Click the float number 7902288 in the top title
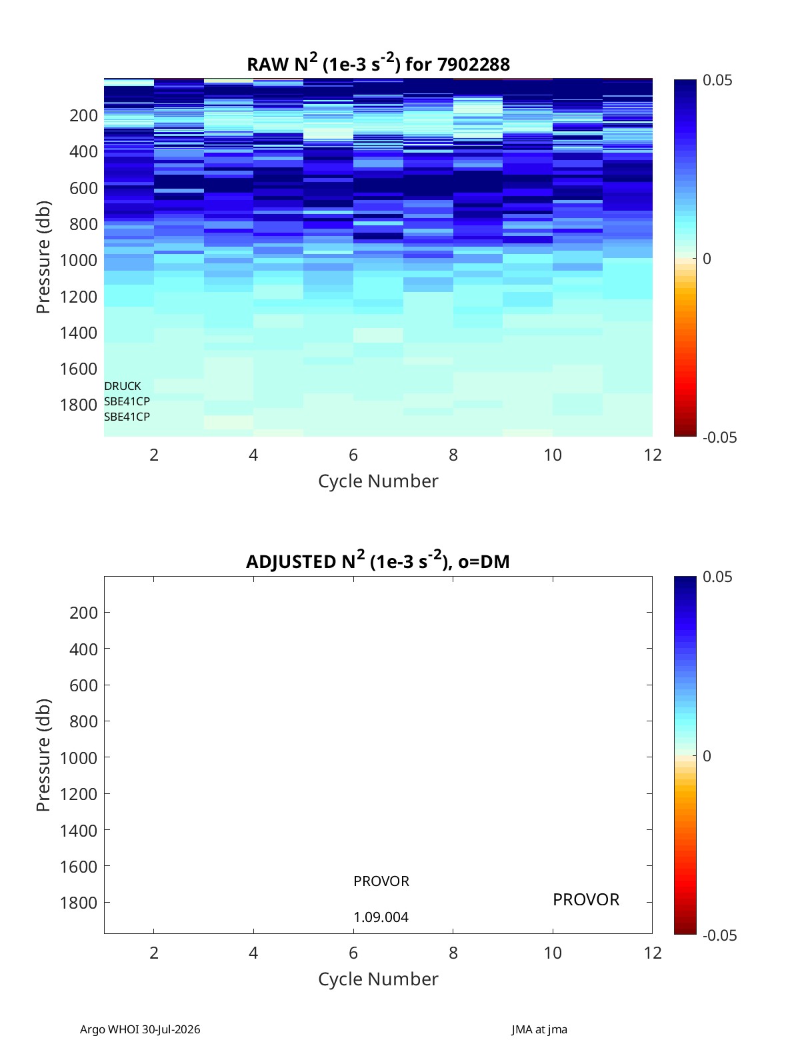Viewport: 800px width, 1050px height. pyautogui.click(x=473, y=65)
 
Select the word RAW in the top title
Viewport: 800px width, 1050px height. pyautogui.click(x=267, y=65)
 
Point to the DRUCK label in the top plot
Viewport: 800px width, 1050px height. pyautogui.click(x=123, y=386)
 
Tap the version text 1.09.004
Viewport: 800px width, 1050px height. pyautogui.click(x=381, y=917)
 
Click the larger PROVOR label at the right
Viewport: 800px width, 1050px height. pyautogui.click(x=586, y=900)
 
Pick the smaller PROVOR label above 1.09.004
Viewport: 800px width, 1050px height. pyautogui.click(x=381, y=881)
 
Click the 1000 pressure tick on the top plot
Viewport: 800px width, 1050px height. pyautogui.click(x=79, y=260)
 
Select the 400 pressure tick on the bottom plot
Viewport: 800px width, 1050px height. pyautogui.click(x=83, y=649)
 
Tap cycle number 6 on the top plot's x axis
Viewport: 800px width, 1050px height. pyautogui.click(x=353, y=455)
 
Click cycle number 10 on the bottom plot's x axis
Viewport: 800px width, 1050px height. pyautogui.click(x=553, y=953)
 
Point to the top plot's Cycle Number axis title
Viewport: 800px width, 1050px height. pyautogui.click(x=378, y=481)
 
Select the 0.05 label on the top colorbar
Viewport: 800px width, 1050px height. pyautogui.click(x=717, y=81)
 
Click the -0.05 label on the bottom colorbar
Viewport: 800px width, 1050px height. pyautogui.click(x=719, y=935)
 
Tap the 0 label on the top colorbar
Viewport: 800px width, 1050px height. pyautogui.click(x=707, y=259)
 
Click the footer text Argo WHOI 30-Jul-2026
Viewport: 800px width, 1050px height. pyautogui.click(x=140, y=1029)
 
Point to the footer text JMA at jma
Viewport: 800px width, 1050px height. pyautogui.click(x=539, y=1029)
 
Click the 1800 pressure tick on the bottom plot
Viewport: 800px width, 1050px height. pyautogui.click(x=79, y=903)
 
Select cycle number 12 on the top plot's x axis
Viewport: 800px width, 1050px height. pyautogui.click(x=653, y=455)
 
